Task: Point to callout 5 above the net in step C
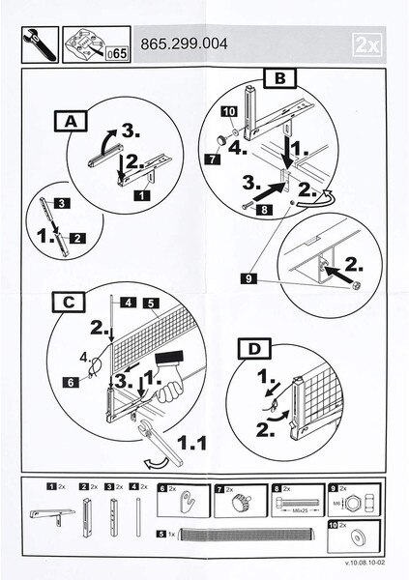[152, 303]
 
